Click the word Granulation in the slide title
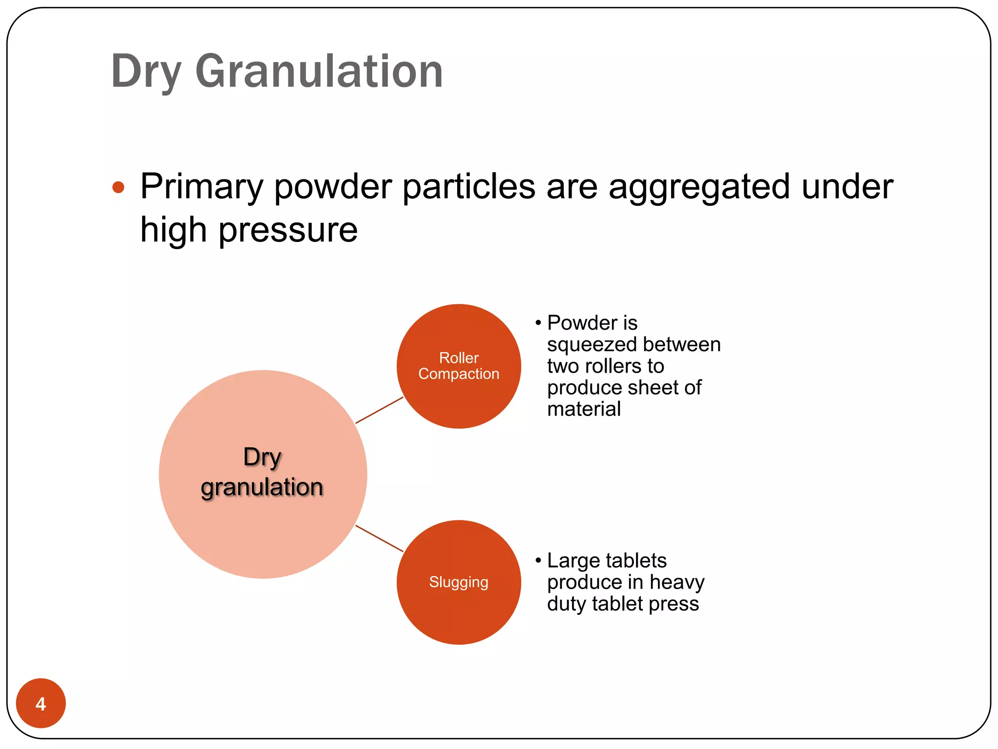coord(319,72)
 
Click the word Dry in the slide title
coord(146,72)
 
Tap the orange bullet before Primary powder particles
coord(118,187)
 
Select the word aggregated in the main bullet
coord(699,187)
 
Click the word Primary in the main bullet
coord(202,187)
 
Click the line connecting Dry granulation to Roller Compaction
coord(379,410)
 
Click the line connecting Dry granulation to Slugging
coord(379,538)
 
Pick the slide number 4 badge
coord(41,703)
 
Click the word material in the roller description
coord(584,409)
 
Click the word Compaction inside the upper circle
coord(459,374)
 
